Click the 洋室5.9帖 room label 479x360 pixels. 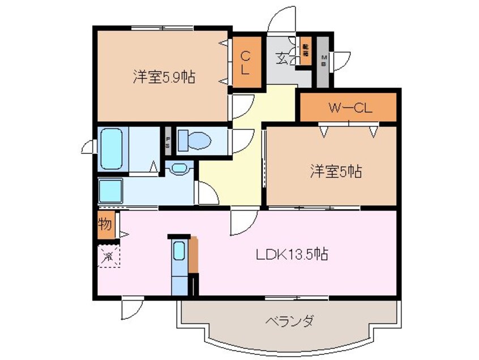(164, 78)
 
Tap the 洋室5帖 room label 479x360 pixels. (335, 171)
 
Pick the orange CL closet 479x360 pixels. (247, 62)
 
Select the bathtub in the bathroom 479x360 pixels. (111, 148)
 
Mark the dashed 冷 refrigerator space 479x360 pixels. (108, 256)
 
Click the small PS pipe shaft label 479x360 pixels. (168, 143)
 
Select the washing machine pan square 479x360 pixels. (111, 191)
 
